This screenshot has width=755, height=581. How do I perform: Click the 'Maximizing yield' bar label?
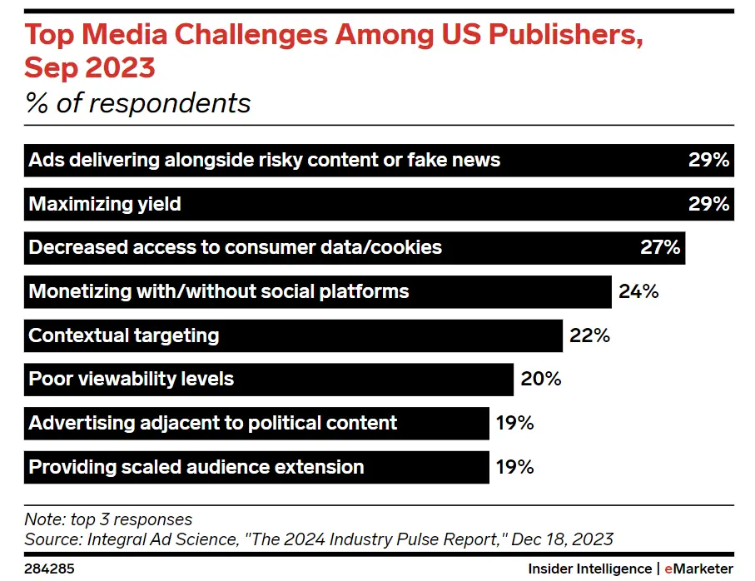(x=105, y=204)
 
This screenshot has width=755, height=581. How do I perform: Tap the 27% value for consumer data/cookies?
(x=661, y=247)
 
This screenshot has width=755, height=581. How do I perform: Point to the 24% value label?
(x=638, y=291)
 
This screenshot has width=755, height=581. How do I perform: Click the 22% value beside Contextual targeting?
(x=590, y=335)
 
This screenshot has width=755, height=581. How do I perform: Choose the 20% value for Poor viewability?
(x=541, y=379)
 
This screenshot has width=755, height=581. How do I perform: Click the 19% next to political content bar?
(x=514, y=423)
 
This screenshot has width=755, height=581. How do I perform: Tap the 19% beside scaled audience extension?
(x=514, y=466)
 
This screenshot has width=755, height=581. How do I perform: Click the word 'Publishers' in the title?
(x=550, y=37)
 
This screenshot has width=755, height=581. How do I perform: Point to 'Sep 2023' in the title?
(x=90, y=67)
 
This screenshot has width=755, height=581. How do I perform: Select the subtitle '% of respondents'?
(x=138, y=103)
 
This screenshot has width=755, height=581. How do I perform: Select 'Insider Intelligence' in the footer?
(x=589, y=569)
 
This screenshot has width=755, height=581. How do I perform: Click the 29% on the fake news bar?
(x=708, y=160)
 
